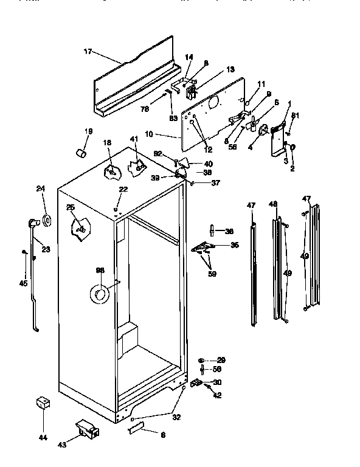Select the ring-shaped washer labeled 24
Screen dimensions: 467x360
(47, 218)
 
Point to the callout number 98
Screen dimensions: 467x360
(100, 271)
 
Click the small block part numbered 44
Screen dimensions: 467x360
(42, 403)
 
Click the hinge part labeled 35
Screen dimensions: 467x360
(201, 247)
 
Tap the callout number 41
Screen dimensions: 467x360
(134, 140)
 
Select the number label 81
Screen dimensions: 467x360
(295, 116)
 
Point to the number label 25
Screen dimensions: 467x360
(71, 208)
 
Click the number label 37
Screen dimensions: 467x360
(215, 182)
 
